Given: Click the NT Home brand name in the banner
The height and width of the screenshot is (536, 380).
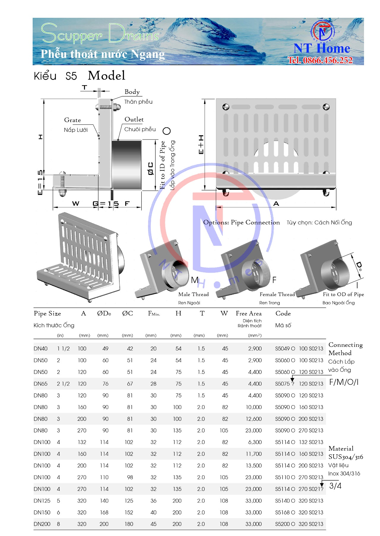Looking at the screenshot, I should tap(322, 48).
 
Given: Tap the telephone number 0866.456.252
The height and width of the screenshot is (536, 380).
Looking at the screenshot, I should tap(320, 60).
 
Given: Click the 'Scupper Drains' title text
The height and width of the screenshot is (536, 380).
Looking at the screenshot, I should tap(100, 34).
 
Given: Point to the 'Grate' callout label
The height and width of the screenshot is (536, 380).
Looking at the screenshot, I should tap(72, 120).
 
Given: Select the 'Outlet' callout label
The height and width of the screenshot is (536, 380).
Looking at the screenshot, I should tap(134, 119).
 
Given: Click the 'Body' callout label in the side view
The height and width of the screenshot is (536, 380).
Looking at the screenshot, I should tap(132, 92).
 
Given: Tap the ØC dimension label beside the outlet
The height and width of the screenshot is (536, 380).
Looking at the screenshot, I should tap(151, 168).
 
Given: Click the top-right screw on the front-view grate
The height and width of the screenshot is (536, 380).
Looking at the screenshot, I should tap(326, 107).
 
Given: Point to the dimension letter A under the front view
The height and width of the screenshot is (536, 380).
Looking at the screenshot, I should tap(276, 204).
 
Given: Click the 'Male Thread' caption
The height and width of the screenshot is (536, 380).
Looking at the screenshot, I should tap(193, 294).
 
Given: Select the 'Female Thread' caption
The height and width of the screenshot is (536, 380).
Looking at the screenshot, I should tap(277, 294).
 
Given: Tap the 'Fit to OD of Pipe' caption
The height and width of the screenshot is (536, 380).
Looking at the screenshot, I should tap(343, 294).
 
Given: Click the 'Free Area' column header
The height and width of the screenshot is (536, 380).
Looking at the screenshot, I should tap(248, 314).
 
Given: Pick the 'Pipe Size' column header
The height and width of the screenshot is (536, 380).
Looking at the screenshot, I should tap(47, 314).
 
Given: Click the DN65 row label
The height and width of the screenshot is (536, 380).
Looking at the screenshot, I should tap(40, 384).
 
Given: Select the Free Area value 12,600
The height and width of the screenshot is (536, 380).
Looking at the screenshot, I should tap(254, 419).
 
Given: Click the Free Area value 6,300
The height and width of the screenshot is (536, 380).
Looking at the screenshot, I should tap(255, 442).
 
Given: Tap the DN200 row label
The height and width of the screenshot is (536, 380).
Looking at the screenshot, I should tap(42, 524).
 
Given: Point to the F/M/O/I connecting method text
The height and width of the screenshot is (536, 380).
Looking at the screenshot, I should tap(344, 382).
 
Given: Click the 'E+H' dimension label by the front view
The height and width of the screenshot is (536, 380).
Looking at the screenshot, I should tap(201, 144).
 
